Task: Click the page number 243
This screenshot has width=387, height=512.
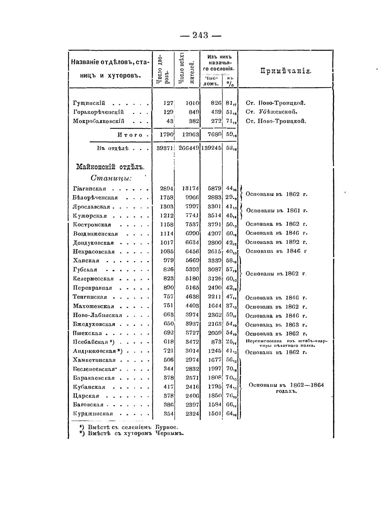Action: [x=200, y=35]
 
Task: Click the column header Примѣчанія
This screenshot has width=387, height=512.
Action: [x=285, y=71]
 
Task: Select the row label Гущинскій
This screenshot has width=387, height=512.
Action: [x=89, y=103]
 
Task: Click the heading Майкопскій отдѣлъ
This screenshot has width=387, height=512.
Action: [x=110, y=167]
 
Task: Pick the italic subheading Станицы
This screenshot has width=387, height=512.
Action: [x=111, y=178]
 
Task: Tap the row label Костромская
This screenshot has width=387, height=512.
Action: [x=92, y=225]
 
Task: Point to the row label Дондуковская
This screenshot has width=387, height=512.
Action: [x=93, y=243]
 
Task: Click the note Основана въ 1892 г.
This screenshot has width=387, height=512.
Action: [x=276, y=242]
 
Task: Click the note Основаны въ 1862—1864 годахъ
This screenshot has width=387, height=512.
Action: [x=286, y=388]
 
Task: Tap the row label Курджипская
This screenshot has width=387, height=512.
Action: [x=93, y=414]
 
